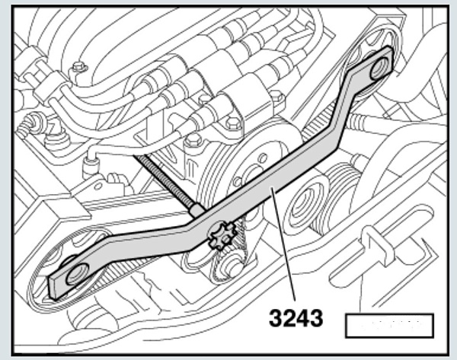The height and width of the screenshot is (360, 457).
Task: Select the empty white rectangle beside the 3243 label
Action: coord(388,325)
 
